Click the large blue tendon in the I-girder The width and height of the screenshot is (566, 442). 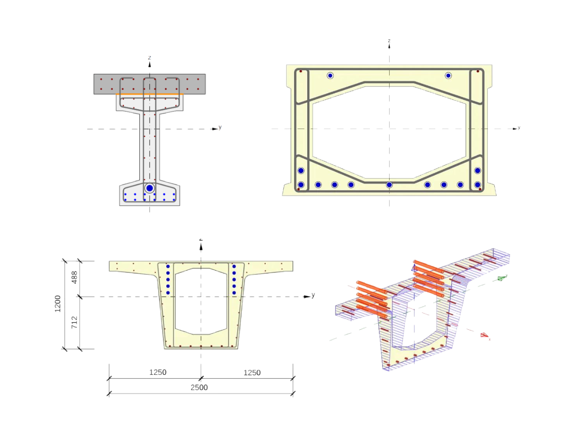tap(149, 188)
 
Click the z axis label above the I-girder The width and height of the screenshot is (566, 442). tap(149, 57)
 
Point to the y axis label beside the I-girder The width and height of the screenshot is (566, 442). tap(220, 128)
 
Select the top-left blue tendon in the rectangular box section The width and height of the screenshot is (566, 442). tap(330, 76)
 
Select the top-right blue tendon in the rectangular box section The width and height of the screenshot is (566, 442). tap(448, 76)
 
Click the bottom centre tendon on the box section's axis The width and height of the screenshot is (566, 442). tap(389, 185)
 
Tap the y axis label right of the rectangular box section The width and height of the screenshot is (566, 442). tap(519, 128)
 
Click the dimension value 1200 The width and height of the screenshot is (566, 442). tap(58, 304)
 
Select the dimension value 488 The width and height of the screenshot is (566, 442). tap(75, 277)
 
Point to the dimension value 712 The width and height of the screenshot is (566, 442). tap(75, 322)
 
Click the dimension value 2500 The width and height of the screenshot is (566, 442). tap(199, 388)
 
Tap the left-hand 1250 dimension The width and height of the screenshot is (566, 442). tap(157, 372)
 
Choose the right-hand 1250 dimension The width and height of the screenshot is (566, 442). tap(252, 372)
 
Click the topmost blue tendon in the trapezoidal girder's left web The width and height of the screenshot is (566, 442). tap(168, 267)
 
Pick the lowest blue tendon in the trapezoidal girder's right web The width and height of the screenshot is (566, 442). tap(234, 293)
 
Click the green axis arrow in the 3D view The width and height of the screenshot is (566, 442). tap(501, 278)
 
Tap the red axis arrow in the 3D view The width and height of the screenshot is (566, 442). tap(485, 336)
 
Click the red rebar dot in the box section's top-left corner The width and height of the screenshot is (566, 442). tap(301, 71)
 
